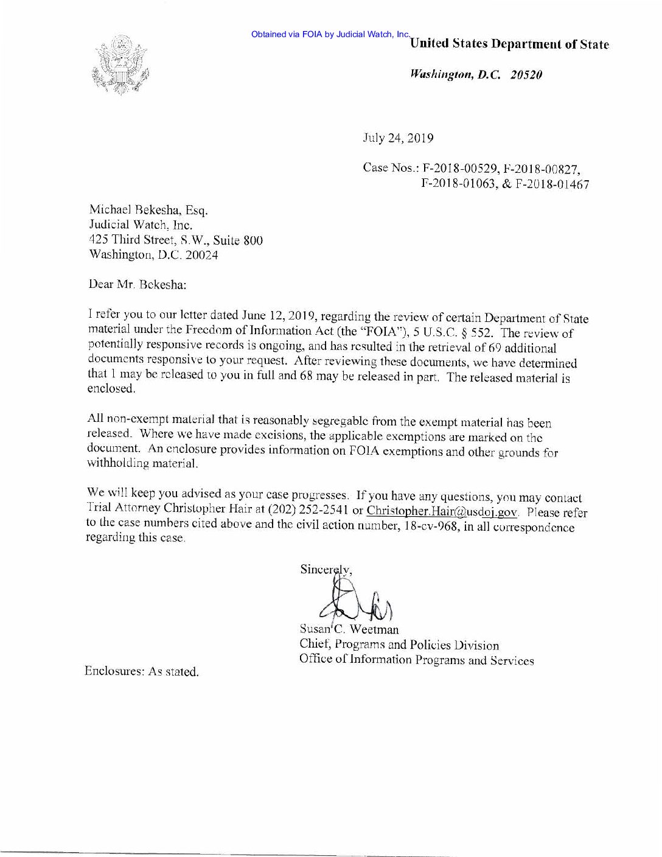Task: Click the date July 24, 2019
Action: pos(398,138)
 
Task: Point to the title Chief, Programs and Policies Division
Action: pos(399,645)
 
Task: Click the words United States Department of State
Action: pos(510,44)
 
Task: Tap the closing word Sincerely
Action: pos(325,570)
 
